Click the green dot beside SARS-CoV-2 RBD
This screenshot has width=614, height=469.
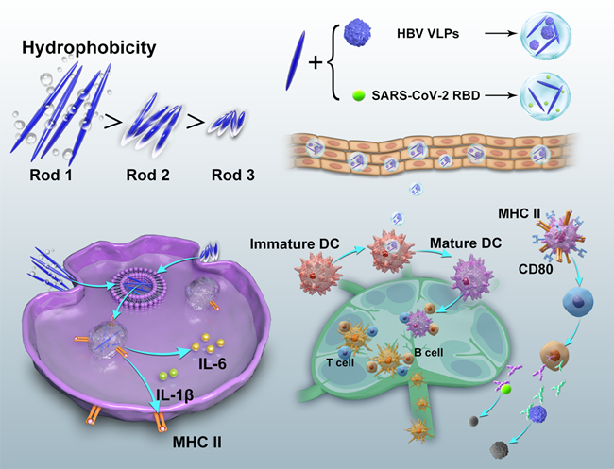pos(359,95)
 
